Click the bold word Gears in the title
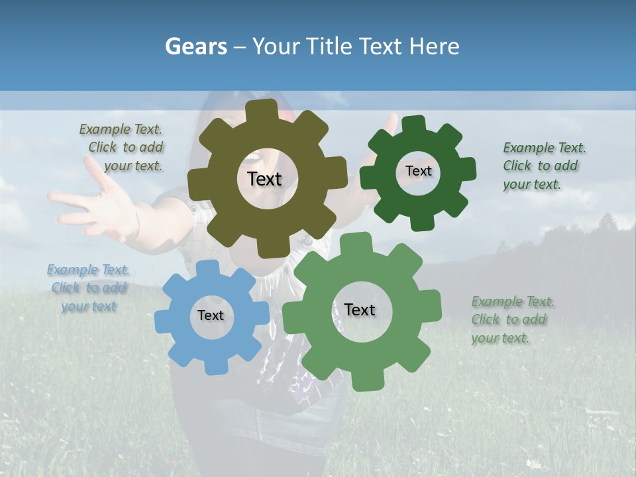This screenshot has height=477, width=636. click(x=195, y=46)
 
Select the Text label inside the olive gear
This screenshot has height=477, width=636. click(x=264, y=179)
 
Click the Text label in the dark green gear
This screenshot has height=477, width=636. click(x=418, y=171)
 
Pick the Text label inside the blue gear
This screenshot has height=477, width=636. click(x=211, y=315)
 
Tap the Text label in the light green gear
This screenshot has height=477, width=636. click(x=360, y=310)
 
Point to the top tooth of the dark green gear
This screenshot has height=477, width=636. click(x=413, y=124)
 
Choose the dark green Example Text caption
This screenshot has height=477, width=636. click(x=543, y=166)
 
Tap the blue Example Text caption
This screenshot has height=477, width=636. click(x=88, y=288)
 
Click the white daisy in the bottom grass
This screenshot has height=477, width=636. click(x=533, y=463)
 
